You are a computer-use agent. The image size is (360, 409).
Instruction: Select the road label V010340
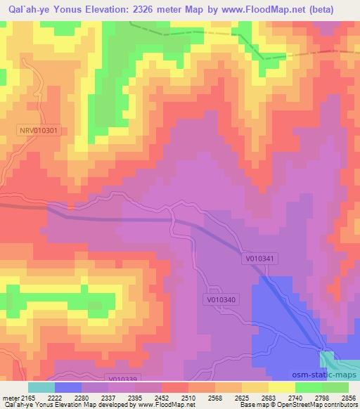224,299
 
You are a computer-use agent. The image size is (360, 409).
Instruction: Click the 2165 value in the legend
26,397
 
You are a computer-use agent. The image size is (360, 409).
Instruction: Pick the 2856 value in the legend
349,397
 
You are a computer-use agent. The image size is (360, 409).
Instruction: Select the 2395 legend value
129,397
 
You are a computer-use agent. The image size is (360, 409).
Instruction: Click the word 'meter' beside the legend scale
8,397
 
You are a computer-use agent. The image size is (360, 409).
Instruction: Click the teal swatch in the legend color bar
41,387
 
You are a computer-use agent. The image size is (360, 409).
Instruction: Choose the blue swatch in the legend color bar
67,387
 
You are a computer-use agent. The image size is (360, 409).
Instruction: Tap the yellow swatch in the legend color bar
282,387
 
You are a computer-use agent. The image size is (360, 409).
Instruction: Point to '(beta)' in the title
338,9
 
